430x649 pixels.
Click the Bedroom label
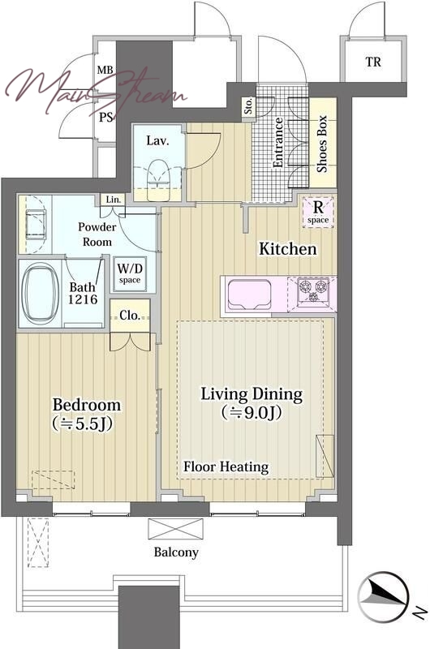(x=87, y=404)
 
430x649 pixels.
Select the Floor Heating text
(x=226, y=467)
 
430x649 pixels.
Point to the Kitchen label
(x=288, y=249)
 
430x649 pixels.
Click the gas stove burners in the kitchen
(x=313, y=290)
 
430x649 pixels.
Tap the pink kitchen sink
(x=249, y=294)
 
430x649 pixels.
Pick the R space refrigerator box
(x=318, y=212)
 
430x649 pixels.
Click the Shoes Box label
(x=322, y=144)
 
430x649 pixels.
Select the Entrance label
(x=277, y=143)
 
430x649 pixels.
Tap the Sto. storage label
(x=248, y=106)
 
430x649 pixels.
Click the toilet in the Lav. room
(x=159, y=177)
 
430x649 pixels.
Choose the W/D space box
(x=130, y=273)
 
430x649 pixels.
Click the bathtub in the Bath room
(x=40, y=294)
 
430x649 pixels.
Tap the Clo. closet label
(x=130, y=316)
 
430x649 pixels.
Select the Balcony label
(x=176, y=552)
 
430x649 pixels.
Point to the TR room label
(x=373, y=62)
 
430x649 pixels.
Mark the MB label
(x=105, y=70)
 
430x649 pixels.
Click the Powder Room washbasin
(x=36, y=224)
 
